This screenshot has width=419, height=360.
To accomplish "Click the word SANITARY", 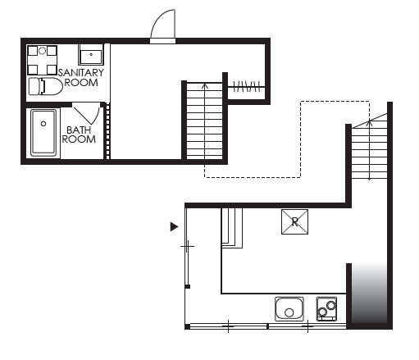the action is tap(81, 73).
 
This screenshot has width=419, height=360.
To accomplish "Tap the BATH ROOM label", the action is tap(79, 134).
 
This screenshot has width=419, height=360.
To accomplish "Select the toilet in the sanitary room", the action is tap(46, 86).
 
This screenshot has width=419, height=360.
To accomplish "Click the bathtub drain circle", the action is tap(43, 124).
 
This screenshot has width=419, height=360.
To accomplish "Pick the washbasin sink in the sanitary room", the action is tap(91, 55).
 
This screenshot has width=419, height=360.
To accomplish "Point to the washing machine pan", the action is tap(42, 61).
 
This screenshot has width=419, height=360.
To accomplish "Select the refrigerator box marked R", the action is tap(294, 221).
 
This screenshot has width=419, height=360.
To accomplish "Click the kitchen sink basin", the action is tap(289, 309).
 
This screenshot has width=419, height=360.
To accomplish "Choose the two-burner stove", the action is tap(326, 309).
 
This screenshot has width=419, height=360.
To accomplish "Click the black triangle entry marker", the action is tap(174, 226).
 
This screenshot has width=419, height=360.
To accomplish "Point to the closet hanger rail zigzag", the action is tap(247, 87).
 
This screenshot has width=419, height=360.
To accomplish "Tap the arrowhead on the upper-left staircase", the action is tap(205, 86).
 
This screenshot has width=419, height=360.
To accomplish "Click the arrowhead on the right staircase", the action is tap(370, 123).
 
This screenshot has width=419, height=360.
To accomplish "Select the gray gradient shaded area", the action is tap(369, 294).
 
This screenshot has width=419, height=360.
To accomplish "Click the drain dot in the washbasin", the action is tap(91, 54).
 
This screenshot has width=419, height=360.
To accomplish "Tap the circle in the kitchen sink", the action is tap(289, 312).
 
